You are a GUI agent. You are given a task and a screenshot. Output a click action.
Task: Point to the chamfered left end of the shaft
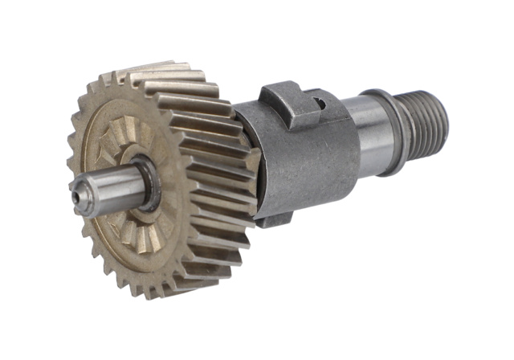pyautogui.click(x=79, y=192)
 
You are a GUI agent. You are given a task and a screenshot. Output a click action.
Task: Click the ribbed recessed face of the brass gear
pyautogui.click(x=120, y=145)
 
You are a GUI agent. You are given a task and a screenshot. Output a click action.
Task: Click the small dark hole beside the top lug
pyautogui.click(x=319, y=102)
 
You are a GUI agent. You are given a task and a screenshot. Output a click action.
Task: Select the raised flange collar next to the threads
pyautogui.click(x=394, y=133)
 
